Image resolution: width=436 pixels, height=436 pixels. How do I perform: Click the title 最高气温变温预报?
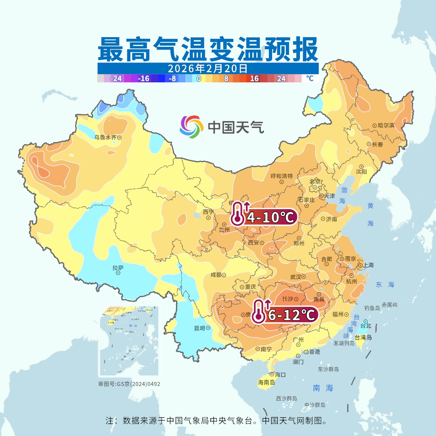[x=208, y=49]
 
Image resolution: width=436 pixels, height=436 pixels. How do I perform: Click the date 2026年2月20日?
[x=208, y=68]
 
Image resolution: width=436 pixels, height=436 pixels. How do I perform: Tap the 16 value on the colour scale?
[x=254, y=78]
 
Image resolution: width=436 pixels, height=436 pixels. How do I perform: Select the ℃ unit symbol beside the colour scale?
[x=309, y=78]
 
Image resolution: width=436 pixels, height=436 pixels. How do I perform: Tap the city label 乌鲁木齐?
[x=105, y=137]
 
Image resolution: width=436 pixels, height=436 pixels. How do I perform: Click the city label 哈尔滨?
[x=386, y=126]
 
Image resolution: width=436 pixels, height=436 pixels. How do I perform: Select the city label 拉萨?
[x=118, y=268]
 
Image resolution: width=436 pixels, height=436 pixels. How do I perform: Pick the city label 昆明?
[x=199, y=328]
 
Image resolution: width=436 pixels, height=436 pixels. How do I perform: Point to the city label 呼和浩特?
[x=281, y=176]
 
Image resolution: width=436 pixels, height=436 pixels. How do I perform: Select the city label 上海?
[x=368, y=265]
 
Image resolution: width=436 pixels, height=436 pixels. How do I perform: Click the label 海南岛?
[x=266, y=382]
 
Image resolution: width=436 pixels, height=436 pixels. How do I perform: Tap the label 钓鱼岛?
[x=372, y=308]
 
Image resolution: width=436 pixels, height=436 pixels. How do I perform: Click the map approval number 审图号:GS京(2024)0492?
[x=129, y=384]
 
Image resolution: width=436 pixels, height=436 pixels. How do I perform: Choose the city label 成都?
[x=216, y=275]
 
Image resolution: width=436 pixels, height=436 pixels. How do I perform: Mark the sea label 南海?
[x=323, y=388]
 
